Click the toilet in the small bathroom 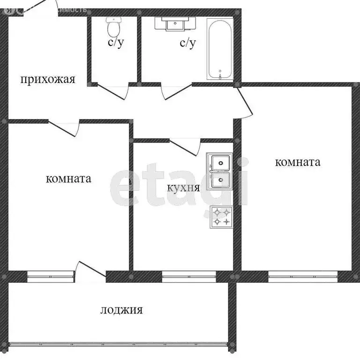113,27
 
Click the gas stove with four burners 222,217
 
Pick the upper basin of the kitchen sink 220,162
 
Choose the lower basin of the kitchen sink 220,180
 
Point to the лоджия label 121,310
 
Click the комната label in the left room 68,179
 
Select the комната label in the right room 298,162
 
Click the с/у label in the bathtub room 187,44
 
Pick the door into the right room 244,103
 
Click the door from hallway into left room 64,128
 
